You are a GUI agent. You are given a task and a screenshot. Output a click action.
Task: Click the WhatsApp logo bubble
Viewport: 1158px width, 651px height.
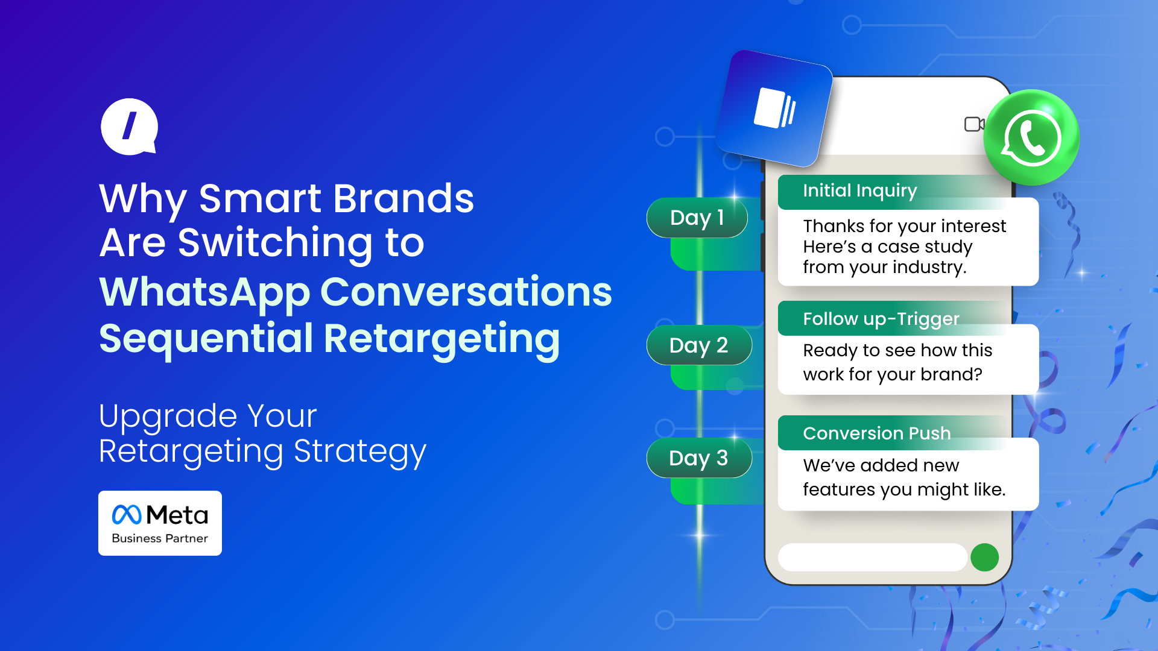(1031, 137)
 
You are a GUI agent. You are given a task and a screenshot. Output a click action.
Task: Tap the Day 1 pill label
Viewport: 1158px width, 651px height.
(697, 218)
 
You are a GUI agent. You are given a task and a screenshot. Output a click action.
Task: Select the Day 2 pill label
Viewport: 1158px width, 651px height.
(699, 345)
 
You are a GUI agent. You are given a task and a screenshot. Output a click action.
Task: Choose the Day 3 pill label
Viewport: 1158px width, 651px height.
(699, 458)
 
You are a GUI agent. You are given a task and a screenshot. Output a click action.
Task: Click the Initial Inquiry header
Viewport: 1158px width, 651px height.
(860, 191)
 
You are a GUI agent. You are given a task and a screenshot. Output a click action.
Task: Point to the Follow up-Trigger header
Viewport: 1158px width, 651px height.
(881, 319)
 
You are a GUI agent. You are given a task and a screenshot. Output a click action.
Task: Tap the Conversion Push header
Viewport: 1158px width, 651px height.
(877, 433)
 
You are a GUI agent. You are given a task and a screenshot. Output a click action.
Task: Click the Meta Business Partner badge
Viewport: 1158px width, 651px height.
(160, 523)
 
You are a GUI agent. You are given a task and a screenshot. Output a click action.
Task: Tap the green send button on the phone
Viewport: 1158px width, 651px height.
(985, 557)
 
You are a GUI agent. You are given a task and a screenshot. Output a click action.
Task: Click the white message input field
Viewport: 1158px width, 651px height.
(873, 557)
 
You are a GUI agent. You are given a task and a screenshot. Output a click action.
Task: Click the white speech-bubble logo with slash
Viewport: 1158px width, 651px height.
(129, 127)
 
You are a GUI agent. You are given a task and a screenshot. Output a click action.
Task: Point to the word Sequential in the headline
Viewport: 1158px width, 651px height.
(206, 339)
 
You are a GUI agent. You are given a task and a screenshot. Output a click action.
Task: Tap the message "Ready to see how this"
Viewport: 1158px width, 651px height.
(897, 350)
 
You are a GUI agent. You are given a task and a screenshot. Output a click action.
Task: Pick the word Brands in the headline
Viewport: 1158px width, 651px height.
(403, 198)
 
